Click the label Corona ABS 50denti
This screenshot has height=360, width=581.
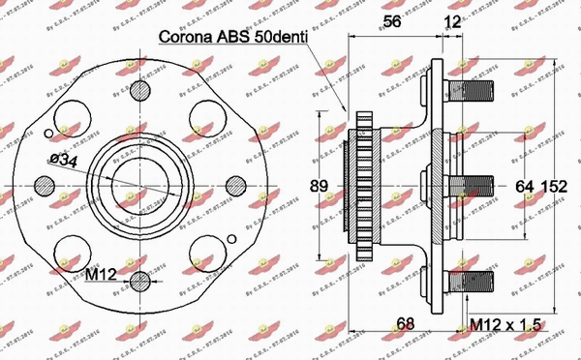[x=233, y=40]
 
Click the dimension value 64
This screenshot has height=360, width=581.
[x=524, y=184]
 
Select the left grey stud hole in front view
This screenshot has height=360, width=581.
[x=46, y=184]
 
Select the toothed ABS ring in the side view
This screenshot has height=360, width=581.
[x=365, y=184]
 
